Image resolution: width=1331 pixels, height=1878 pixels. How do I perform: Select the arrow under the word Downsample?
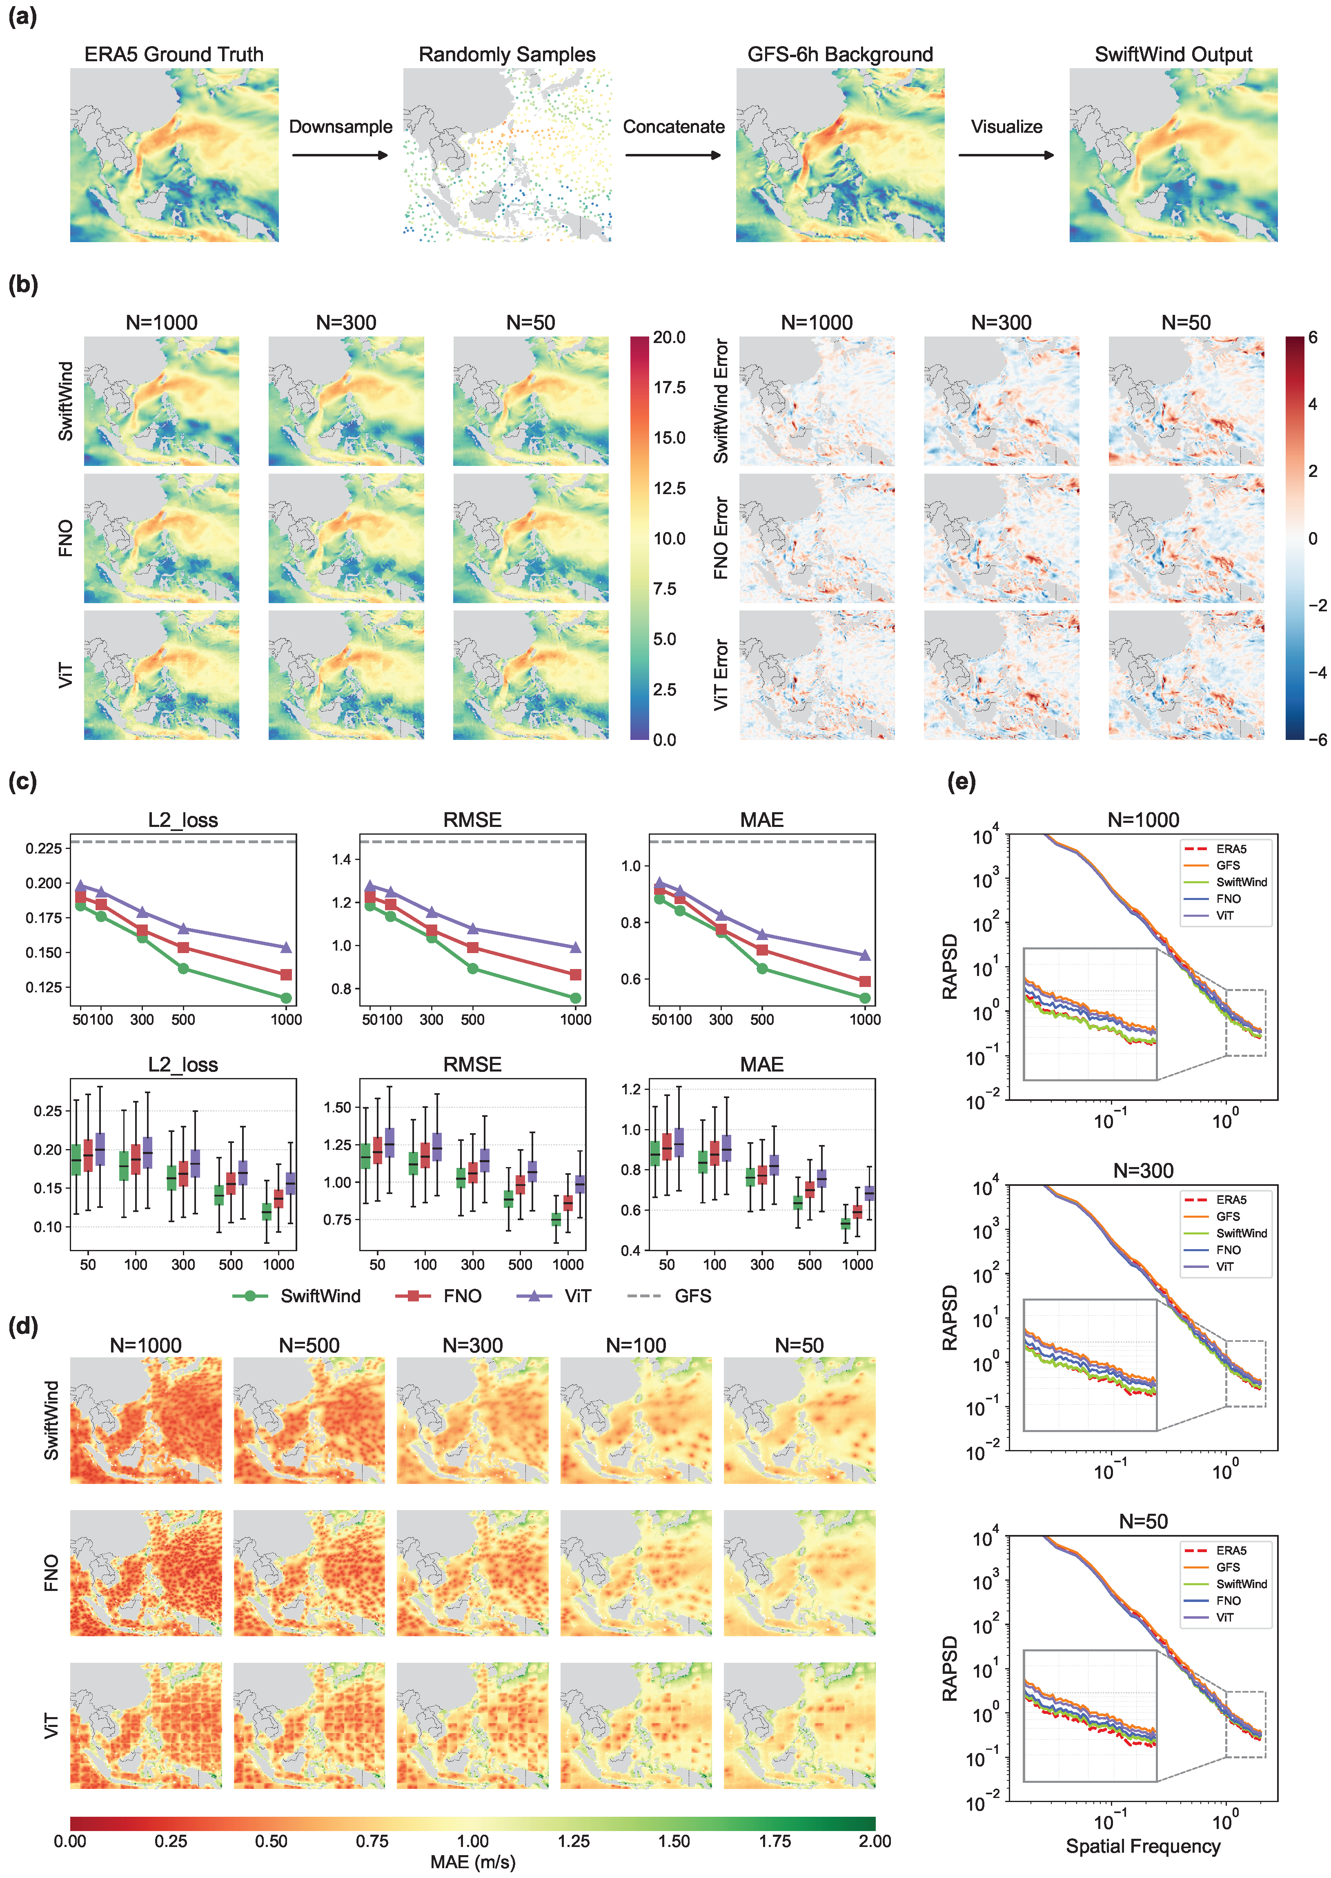340,155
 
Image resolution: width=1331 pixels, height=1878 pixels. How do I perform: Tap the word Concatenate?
674,127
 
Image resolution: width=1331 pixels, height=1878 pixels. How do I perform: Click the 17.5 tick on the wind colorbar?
670,388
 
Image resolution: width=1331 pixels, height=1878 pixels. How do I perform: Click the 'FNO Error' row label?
720,538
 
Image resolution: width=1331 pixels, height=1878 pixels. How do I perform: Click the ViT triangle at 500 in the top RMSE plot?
473,929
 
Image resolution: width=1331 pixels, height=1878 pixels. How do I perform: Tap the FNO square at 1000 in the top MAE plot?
865,981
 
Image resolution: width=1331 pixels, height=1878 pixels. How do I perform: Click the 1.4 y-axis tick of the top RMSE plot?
341,859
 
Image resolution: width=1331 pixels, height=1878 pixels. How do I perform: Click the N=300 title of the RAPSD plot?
1143,1171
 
